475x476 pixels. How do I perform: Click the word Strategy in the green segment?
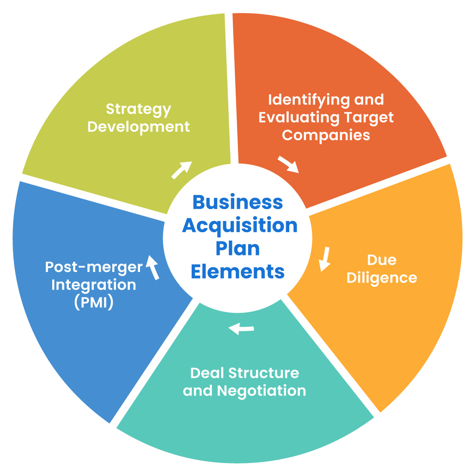coord(139,110)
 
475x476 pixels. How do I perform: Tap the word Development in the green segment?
coord(139,127)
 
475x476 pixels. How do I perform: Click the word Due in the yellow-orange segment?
coord(382,260)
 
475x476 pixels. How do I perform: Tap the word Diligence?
coord(382,278)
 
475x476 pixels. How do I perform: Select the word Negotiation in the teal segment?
coord(262,390)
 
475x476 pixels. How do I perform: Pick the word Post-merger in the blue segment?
coord(94,267)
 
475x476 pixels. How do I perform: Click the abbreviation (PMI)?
coord(94,303)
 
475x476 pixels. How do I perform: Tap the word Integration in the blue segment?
coord(94,284)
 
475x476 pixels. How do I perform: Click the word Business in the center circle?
coord(237,202)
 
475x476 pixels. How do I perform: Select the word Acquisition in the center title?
coord(240,226)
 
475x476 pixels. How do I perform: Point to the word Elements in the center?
coord(237,271)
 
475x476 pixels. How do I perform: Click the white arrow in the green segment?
coord(182,170)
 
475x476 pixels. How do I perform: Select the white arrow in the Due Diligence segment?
coord(325,259)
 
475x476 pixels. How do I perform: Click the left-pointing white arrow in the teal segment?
coord(241,329)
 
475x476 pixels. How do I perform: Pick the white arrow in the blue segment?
coord(152,267)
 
